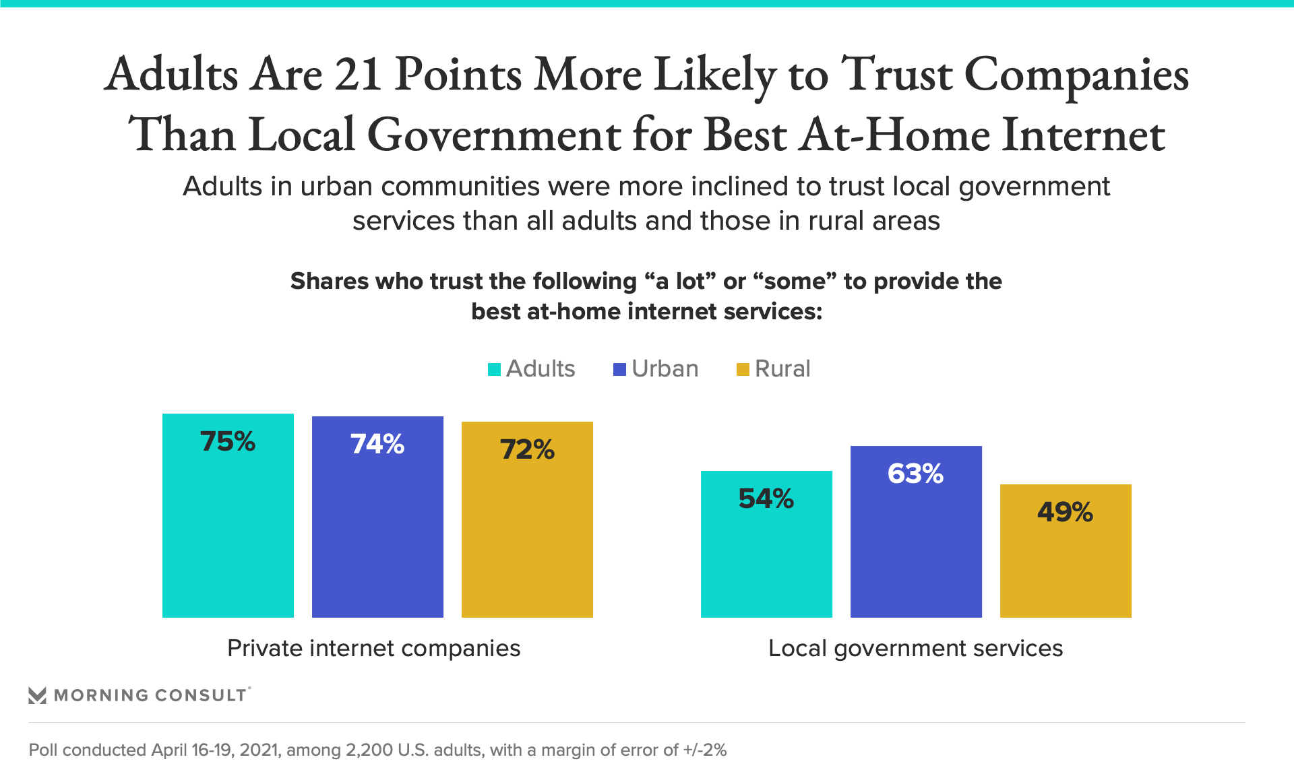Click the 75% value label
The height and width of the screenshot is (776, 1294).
pos(228,442)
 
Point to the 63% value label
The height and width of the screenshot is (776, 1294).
pos(915,474)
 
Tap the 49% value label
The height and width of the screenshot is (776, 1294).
pos(1065,513)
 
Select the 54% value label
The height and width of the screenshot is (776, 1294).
pos(766,499)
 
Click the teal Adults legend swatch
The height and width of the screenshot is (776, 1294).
pos(494,369)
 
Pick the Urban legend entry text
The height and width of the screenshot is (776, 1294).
pos(665,369)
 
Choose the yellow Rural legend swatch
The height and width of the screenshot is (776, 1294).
pos(743,369)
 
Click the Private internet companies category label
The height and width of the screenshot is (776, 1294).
pos(373,648)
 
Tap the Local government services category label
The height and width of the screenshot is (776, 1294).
pos(915,648)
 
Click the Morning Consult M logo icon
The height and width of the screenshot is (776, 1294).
pos(37,695)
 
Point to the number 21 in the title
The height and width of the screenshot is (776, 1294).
pos(359,74)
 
